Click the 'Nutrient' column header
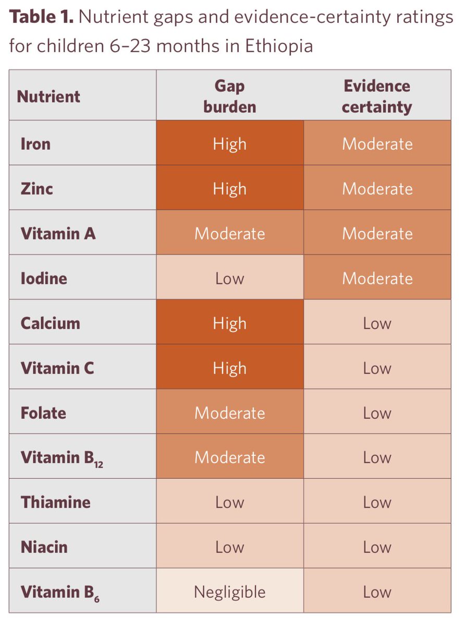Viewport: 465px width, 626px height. coord(48,97)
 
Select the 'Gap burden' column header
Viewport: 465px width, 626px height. coord(229,97)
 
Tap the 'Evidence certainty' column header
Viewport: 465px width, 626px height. coord(377,97)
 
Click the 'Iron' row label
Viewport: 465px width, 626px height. coord(35,144)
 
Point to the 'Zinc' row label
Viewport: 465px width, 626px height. coord(36,188)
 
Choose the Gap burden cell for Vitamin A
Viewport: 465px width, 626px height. coord(229,233)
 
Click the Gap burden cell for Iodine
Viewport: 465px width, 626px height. coord(229,278)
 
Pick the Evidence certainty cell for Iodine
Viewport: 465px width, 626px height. coord(377,278)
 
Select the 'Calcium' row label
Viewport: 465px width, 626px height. coord(50,323)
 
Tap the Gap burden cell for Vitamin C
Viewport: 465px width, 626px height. coord(229,368)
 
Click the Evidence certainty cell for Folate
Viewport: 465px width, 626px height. coord(377,413)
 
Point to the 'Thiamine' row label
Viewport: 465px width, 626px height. coord(55,502)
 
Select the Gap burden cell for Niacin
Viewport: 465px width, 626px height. coord(229,547)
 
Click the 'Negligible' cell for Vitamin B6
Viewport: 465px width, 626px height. coord(229,592)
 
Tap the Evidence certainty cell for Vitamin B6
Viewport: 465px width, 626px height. coord(377,592)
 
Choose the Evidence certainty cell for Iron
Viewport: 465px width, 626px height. coord(377,144)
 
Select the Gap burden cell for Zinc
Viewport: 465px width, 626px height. coord(229,188)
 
